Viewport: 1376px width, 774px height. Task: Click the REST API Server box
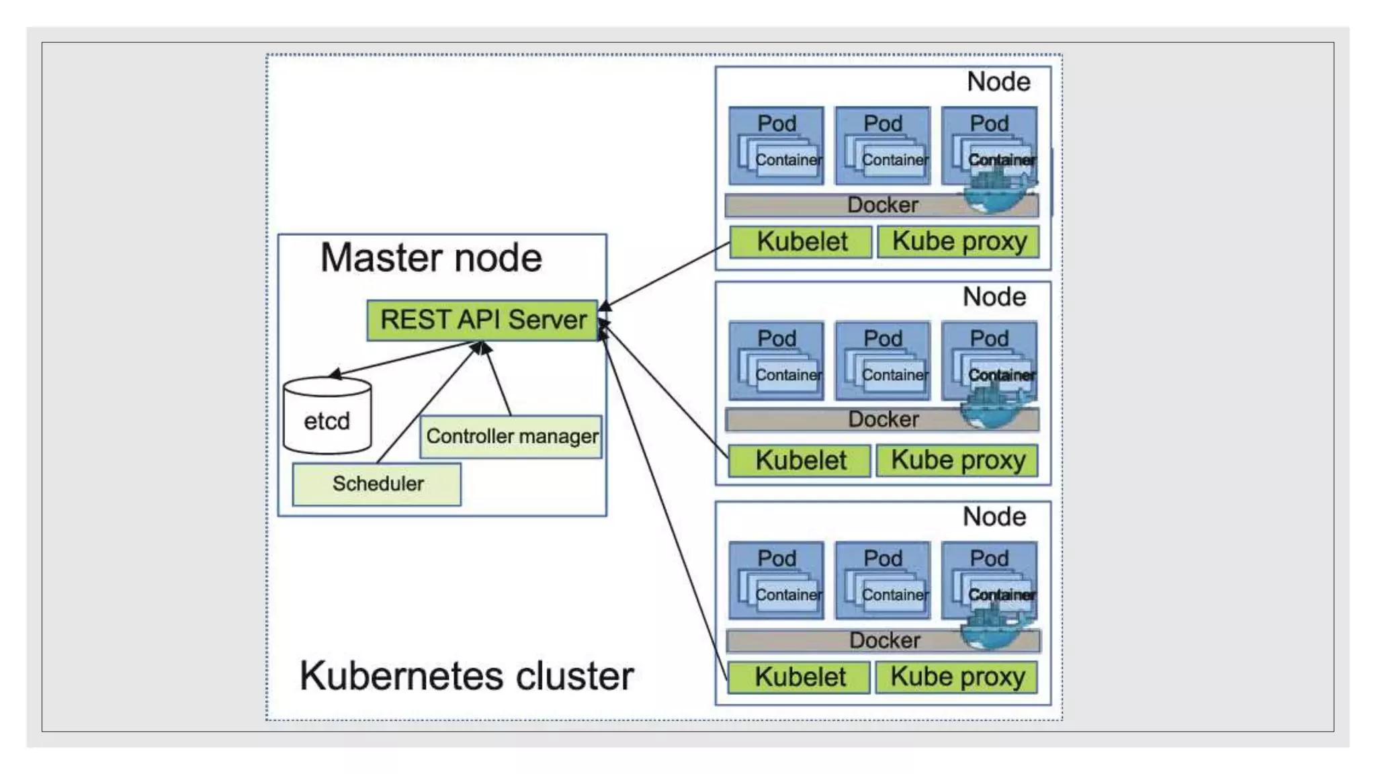click(x=482, y=320)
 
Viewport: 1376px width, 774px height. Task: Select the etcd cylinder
click(x=327, y=417)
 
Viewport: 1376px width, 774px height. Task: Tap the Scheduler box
click(x=377, y=484)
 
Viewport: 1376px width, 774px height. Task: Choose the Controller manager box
click(x=511, y=437)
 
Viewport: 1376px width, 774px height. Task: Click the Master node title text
click(x=431, y=258)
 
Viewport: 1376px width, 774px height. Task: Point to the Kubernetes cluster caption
click(x=466, y=676)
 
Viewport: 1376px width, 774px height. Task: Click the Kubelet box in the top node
click(x=801, y=242)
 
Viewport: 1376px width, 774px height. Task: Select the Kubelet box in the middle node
click(x=800, y=461)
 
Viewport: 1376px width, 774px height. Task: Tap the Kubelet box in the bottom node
click(x=799, y=677)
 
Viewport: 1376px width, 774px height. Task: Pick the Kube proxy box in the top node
click(x=959, y=242)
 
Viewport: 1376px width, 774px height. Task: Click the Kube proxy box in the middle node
click(x=957, y=461)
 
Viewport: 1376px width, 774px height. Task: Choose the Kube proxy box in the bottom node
click(x=957, y=677)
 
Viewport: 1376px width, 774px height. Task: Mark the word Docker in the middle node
click(x=883, y=419)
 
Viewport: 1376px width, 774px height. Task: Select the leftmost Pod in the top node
click(x=776, y=145)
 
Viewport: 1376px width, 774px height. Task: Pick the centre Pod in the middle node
click(x=882, y=361)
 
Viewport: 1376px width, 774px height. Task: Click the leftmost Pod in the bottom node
click(x=776, y=580)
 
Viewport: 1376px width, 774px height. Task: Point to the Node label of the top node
click(x=998, y=82)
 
